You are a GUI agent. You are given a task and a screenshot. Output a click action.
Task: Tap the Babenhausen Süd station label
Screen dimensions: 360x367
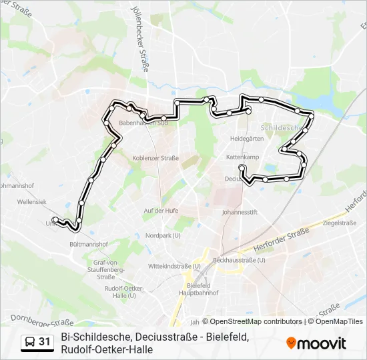[x=143, y=123]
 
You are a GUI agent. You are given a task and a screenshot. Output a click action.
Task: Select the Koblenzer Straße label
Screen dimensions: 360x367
[x=155, y=158]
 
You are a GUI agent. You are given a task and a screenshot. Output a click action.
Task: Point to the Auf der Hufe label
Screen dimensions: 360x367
[x=161, y=211]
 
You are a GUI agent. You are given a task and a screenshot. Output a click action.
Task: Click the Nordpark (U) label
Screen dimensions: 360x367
[x=163, y=235]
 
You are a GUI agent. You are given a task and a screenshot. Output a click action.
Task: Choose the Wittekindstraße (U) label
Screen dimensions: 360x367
[x=170, y=265]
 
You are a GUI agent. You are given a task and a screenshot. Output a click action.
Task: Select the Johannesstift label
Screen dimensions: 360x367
[x=239, y=213]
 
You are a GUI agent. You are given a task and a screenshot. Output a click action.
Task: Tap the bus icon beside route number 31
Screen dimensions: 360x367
[x=31, y=342]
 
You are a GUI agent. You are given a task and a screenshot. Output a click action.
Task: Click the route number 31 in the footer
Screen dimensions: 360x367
[x=45, y=342]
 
